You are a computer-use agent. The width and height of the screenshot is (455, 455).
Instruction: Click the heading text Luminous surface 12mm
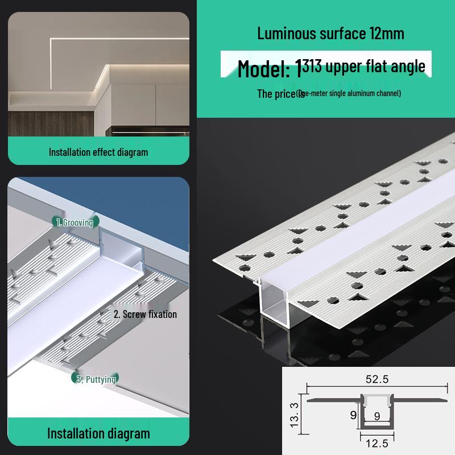coord(330,33)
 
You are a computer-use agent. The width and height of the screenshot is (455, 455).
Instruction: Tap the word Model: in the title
coord(263,69)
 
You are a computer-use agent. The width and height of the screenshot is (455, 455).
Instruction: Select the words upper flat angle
coord(375,67)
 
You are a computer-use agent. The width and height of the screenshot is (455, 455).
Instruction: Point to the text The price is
coord(280,94)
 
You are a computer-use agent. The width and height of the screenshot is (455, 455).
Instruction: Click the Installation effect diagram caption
coord(98,152)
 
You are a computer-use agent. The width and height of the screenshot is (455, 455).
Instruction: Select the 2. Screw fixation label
coord(145,314)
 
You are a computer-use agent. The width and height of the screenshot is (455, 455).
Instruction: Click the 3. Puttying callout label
coord(97,379)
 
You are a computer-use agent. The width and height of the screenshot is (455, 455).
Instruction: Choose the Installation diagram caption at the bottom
coord(98,433)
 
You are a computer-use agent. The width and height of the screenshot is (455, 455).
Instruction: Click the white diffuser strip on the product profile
coord(364,227)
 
